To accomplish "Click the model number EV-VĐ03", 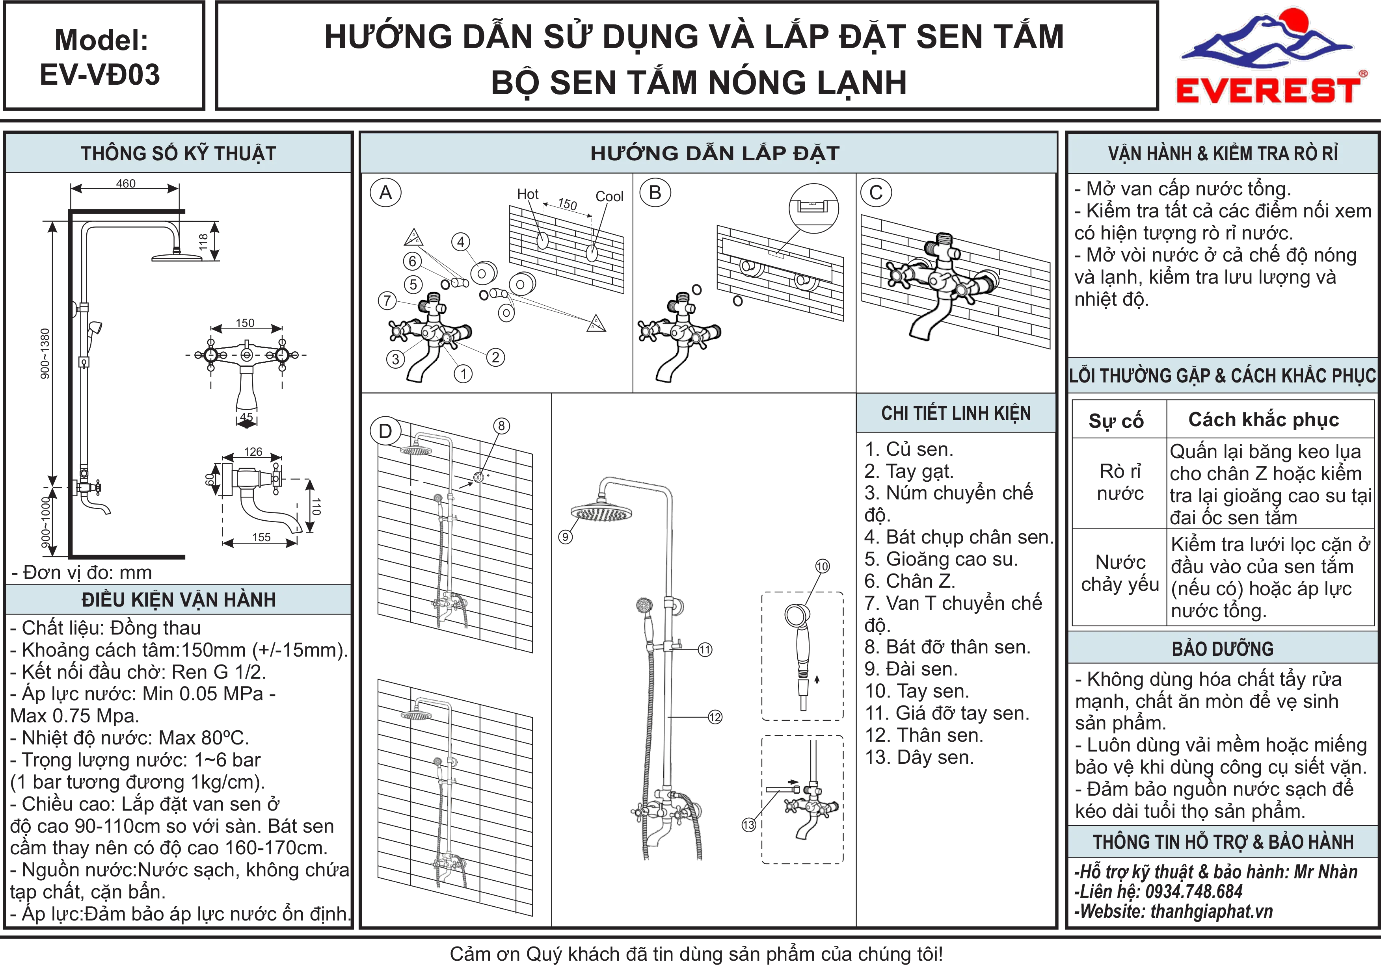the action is pos(101,74).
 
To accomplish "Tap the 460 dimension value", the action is pos(126,184).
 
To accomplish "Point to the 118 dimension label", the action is pos(203,242).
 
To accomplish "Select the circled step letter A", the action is pos(385,193).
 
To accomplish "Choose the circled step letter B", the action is pos(655,193).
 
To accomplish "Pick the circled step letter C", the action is pos(876,193).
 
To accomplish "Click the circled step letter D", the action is pos(385,431).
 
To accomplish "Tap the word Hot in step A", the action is pos(527,194).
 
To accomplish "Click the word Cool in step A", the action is pos(609,197).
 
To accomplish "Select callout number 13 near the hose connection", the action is pos(748,825).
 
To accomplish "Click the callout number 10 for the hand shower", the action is pos(822,566).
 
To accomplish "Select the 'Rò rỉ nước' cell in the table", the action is pos(1120,482).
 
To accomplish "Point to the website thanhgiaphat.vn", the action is pos(1212,911).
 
